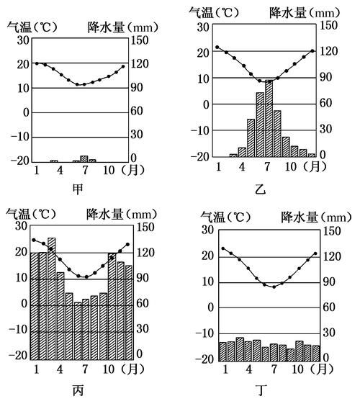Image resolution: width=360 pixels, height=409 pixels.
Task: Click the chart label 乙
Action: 261,190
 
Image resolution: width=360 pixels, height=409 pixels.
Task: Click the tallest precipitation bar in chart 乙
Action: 269,117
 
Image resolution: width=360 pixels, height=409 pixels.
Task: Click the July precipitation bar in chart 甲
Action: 84,158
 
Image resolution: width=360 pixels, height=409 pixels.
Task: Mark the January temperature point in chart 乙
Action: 217,48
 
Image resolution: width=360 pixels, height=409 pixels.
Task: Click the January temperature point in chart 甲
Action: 36,63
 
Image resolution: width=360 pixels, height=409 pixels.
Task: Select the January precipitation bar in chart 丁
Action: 222,351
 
